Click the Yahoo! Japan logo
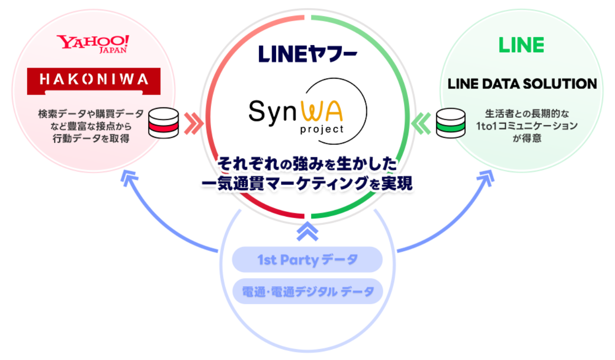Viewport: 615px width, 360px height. point(92,44)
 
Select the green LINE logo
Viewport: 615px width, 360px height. point(521,45)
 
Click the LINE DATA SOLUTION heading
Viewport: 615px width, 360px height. point(522,84)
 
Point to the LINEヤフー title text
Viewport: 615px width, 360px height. point(307,53)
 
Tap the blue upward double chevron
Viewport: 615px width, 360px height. point(307,231)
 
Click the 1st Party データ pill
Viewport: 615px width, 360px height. point(307,260)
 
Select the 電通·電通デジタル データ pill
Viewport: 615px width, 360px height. point(307,291)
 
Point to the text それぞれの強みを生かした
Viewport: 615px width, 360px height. point(307,166)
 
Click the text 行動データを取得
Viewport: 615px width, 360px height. point(91,139)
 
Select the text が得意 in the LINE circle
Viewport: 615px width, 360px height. point(521,139)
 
